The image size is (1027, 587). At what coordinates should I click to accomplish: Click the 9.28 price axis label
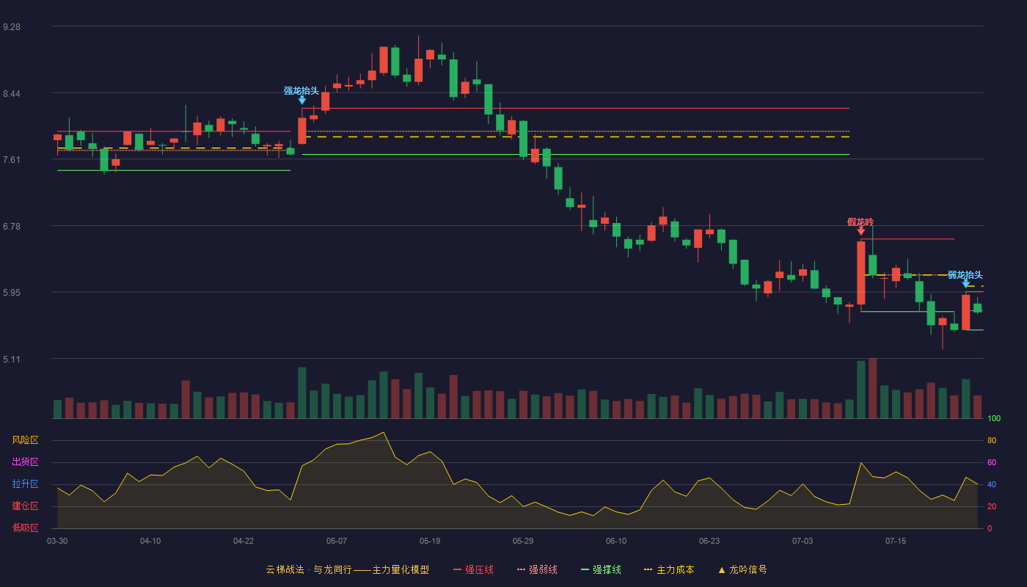pos(12,27)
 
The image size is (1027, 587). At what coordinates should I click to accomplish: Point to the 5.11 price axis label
pos(12,359)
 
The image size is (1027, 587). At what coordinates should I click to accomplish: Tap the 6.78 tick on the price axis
pos(12,227)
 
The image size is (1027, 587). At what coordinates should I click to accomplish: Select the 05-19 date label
pos(430,542)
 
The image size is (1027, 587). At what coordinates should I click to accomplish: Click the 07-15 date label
pos(896,542)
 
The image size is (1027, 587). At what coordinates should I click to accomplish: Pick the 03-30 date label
pos(57,542)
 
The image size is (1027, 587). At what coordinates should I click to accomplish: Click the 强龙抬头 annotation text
pos(301,90)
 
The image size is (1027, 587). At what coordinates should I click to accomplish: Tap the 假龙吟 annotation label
pos(860,222)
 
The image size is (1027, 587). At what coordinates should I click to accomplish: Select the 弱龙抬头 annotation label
pos(965,274)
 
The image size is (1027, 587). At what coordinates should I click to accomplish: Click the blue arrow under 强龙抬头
pos(301,100)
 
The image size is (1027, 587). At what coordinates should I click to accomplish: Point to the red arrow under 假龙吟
pos(861,231)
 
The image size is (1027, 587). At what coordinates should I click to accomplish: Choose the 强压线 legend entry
pos(473,569)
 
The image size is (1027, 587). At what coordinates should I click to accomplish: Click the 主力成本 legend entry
pos(669,569)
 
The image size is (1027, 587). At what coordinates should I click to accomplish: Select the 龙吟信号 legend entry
pos(742,569)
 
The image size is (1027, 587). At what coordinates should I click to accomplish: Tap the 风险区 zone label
pos(25,440)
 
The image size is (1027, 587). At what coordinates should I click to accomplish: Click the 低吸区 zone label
pos(25,528)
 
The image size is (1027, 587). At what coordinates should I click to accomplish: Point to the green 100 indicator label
pos(994,418)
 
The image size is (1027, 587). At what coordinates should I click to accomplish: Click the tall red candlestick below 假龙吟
pos(861,273)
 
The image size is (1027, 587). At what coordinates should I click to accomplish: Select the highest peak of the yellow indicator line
pos(383,432)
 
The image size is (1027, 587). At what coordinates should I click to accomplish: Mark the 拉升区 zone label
pos(25,484)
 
